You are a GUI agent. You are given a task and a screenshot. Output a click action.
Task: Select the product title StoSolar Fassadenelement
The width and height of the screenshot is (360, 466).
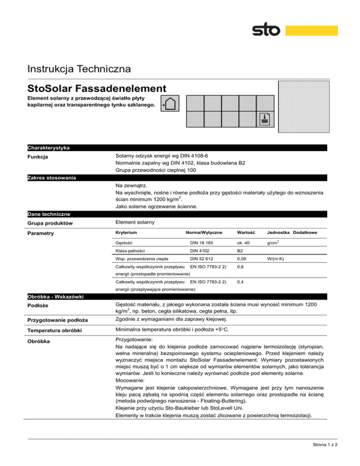click(x=97, y=88)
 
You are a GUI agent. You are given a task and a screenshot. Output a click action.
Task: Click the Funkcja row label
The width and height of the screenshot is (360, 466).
click(x=39, y=157)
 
